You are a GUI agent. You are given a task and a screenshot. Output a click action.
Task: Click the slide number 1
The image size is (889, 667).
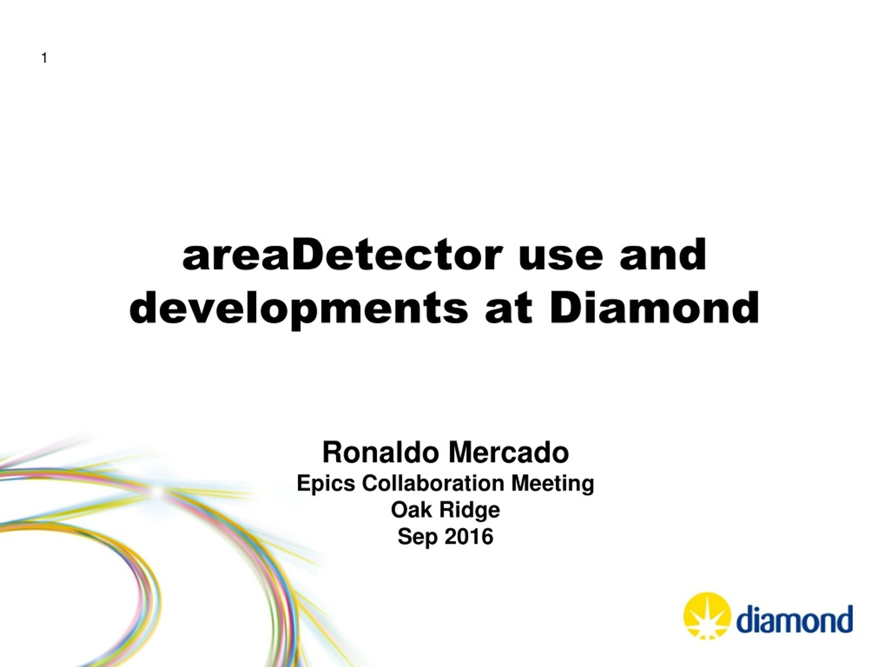(x=44, y=58)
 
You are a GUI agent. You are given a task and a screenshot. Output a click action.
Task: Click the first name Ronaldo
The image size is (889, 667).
(x=380, y=452)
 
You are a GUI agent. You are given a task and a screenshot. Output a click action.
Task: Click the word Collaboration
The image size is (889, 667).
(x=433, y=483)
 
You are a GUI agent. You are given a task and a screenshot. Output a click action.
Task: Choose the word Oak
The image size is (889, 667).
(x=412, y=510)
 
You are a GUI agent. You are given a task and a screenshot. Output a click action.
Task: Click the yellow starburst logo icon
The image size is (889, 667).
(x=707, y=615)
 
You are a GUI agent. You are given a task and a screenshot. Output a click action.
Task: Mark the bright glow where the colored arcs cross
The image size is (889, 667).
(x=159, y=491)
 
